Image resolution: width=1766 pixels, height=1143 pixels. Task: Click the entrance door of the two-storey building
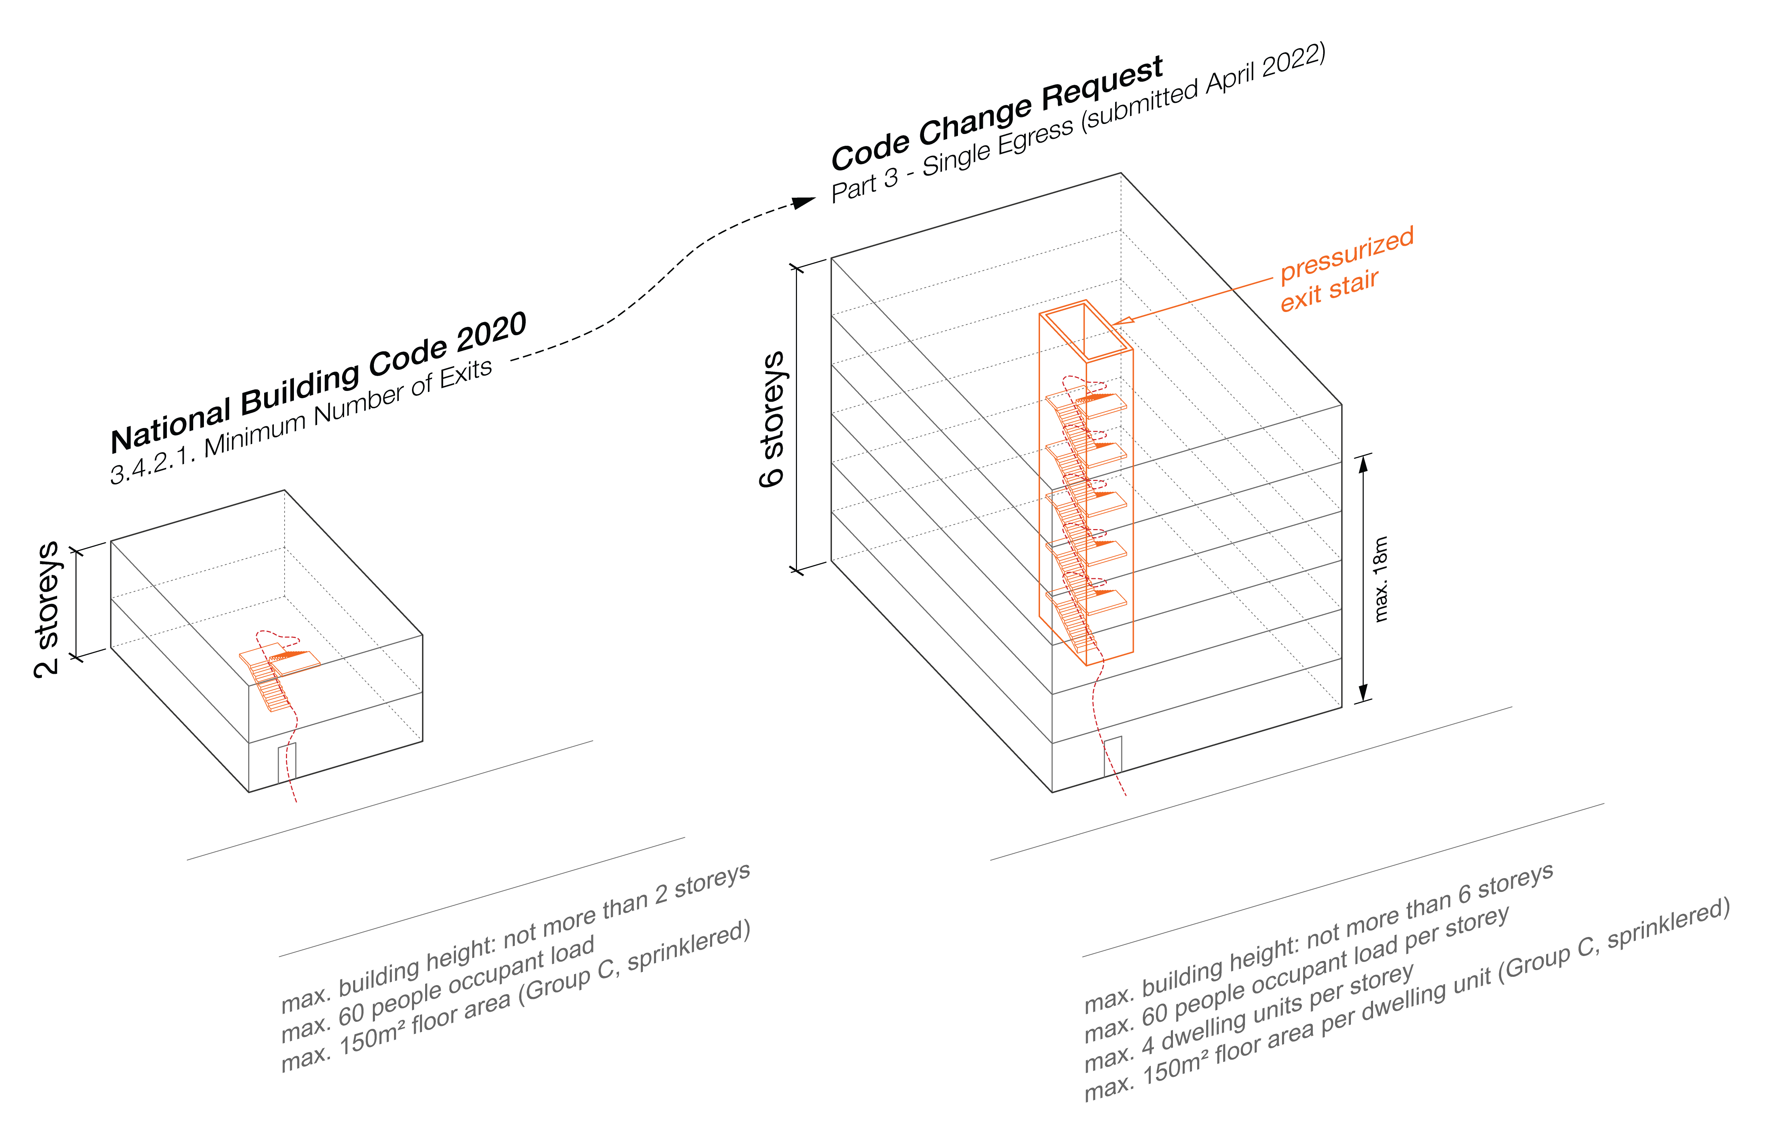click(x=287, y=762)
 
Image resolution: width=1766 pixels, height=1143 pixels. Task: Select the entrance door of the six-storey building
click(x=1112, y=756)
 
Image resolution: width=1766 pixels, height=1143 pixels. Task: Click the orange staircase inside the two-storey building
click(x=275, y=676)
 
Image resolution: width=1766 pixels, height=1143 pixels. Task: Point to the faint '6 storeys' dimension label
click(x=772, y=419)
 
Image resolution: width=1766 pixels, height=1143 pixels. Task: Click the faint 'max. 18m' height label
click(x=1380, y=579)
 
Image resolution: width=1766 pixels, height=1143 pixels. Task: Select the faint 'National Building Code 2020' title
click(x=319, y=382)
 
